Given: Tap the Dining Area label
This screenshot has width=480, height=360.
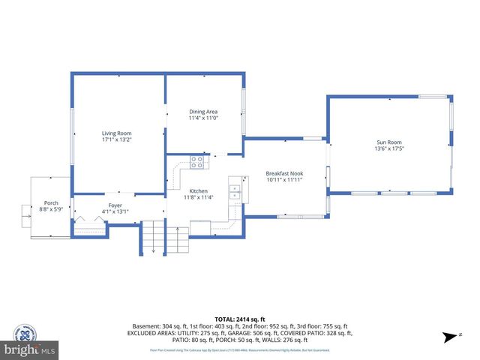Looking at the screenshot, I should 203,112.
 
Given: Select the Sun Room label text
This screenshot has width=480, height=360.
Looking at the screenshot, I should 389,142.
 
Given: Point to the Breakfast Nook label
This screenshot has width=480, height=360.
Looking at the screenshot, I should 284,173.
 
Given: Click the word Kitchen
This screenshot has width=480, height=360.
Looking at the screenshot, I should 199,191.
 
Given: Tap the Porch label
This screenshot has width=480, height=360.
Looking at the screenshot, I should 51,203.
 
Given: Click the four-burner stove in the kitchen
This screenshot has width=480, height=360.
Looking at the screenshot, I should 198,160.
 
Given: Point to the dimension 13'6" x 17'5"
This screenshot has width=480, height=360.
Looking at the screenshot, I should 389,148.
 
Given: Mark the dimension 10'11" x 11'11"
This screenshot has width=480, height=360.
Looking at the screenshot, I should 284,179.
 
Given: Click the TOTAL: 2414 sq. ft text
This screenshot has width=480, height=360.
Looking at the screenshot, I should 239,319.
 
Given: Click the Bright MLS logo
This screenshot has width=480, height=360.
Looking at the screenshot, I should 29,349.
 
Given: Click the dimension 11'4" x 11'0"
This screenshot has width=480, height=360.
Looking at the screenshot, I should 203,118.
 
